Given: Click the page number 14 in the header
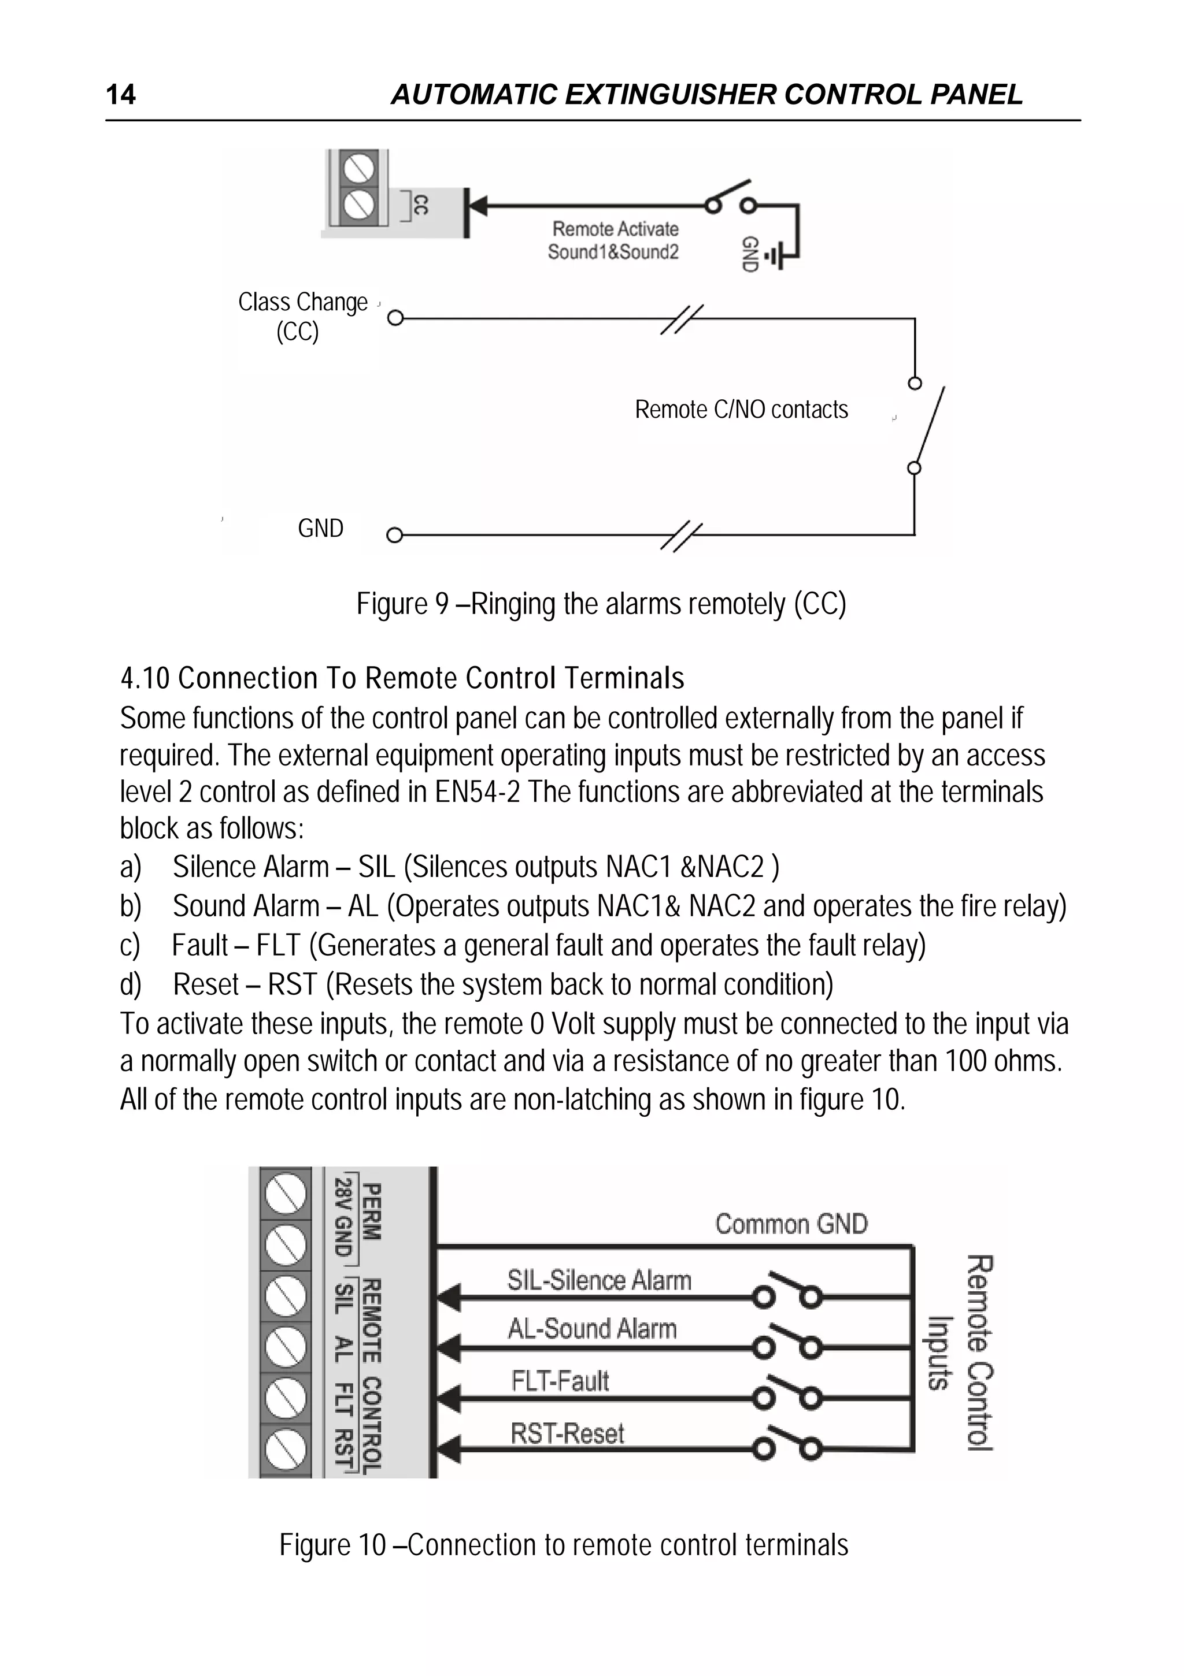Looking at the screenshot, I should pyautogui.click(x=120, y=95).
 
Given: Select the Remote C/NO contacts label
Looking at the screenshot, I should pyautogui.click(x=741, y=410).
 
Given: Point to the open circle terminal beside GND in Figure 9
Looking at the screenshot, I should pyautogui.click(x=394, y=535).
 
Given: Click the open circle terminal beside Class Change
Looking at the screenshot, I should pyautogui.click(x=395, y=318).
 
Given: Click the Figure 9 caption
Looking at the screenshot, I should pyautogui.click(x=601, y=604).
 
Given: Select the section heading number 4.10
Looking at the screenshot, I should pyautogui.click(x=145, y=678).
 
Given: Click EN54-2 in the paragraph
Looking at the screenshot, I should pyautogui.click(x=477, y=792).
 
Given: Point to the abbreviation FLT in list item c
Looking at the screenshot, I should pyautogui.click(x=278, y=945).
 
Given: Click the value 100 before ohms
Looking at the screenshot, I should pyautogui.click(x=965, y=1061).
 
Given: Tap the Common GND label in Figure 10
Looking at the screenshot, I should pyautogui.click(x=791, y=1224).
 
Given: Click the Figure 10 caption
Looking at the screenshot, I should pyautogui.click(x=563, y=1545).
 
